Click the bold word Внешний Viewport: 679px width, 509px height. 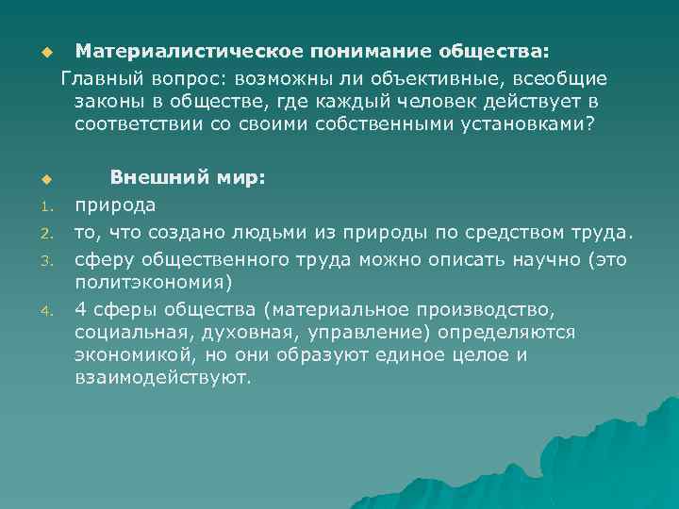pos(155,176)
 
